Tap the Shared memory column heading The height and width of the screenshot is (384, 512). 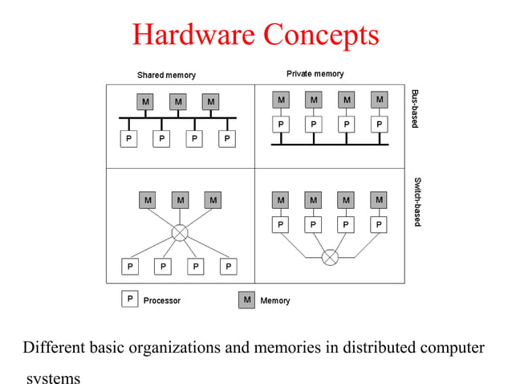165,76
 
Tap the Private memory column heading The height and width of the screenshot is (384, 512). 315,74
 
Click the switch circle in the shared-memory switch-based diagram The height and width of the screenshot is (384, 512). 180,233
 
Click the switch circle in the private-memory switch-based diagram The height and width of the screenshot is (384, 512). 330,257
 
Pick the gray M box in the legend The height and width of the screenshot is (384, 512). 247,300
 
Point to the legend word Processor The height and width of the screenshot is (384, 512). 162,300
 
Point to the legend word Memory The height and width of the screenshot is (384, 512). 275,300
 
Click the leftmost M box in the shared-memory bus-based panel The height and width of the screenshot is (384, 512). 145,102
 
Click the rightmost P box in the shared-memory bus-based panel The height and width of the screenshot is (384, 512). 228,139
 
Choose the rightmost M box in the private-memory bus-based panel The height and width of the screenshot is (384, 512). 379,100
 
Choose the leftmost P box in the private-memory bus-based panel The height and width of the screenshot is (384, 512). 280,125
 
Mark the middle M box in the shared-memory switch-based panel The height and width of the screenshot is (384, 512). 180,199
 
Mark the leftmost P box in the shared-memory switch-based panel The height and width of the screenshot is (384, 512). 130,266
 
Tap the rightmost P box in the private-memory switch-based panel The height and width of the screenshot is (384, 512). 379,224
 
